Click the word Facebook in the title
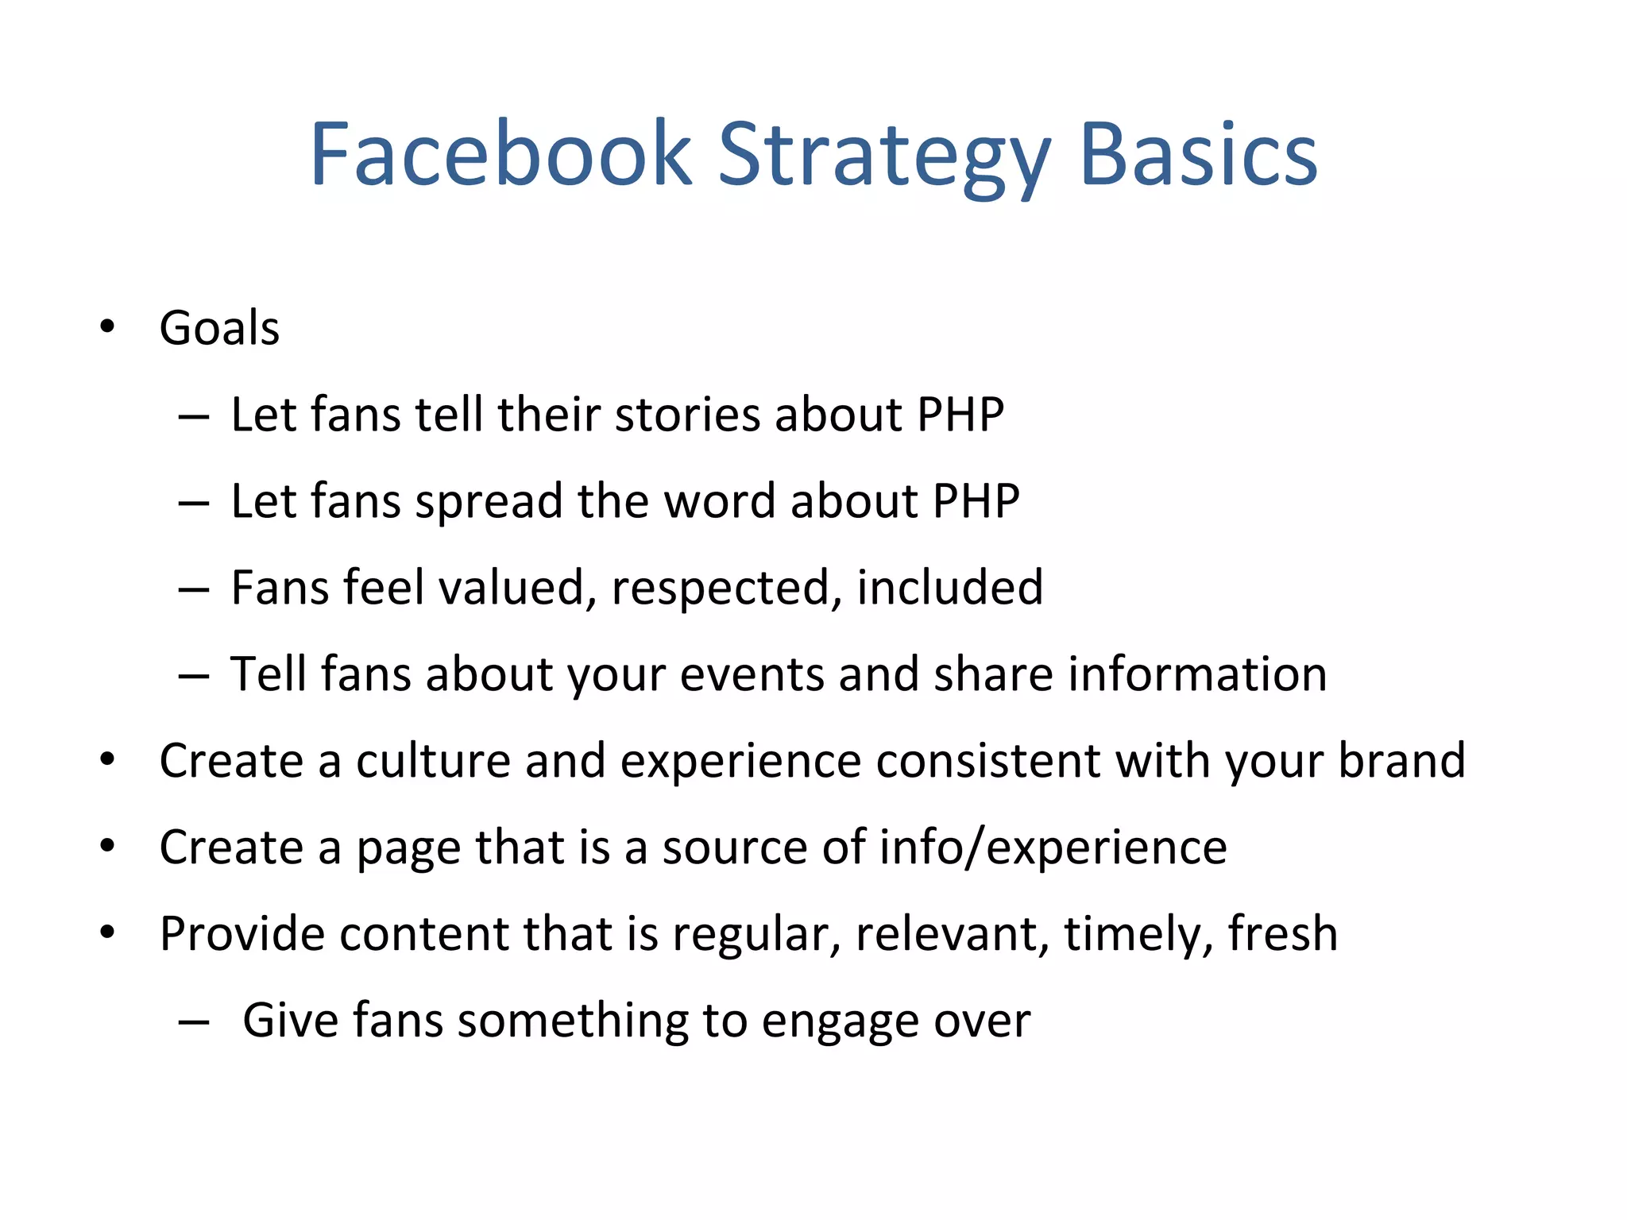(500, 155)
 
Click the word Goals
(219, 328)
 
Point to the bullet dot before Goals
(107, 326)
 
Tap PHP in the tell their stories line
(960, 415)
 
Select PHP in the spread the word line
(976, 501)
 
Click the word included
(950, 588)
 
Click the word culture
(432, 761)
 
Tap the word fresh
(1282, 933)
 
